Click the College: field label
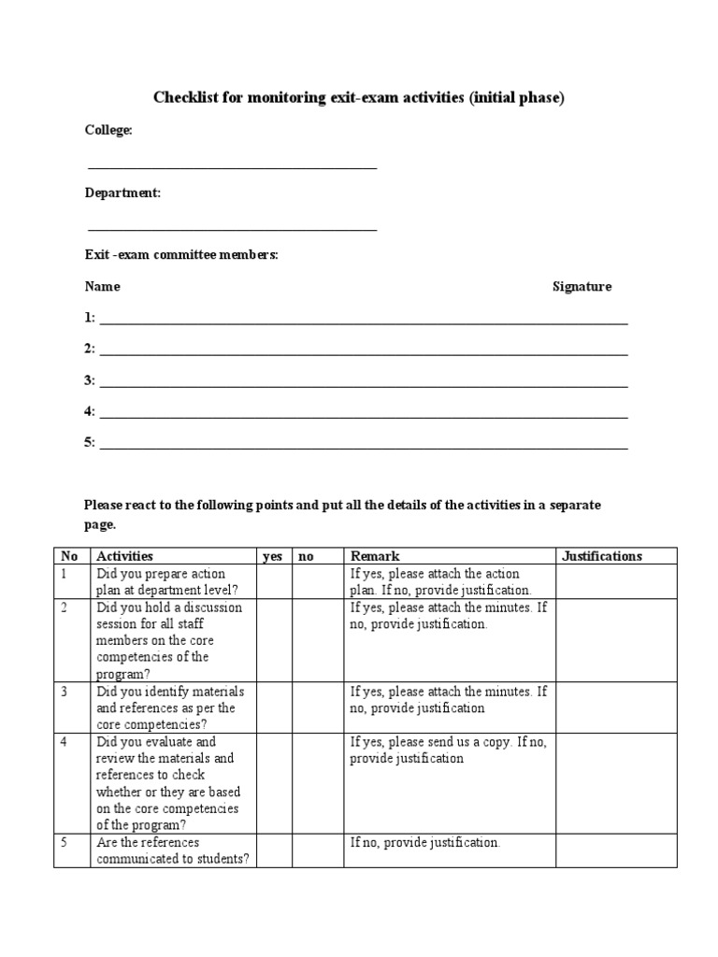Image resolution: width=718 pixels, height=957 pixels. [x=108, y=131]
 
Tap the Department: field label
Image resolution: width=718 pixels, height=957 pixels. [x=122, y=193]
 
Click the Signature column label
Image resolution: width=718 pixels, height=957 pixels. [x=582, y=287]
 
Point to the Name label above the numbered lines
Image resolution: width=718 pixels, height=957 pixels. [x=102, y=287]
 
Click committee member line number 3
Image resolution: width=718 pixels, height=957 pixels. [x=363, y=381]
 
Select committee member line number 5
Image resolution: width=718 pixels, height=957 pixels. [x=363, y=444]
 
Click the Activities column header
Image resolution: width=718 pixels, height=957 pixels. [x=124, y=556]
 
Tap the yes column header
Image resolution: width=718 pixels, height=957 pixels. [x=272, y=556]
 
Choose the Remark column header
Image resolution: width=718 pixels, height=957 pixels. [x=375, y=556]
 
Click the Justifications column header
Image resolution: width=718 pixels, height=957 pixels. [x=602, y=556]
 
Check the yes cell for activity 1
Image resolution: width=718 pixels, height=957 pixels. [x=274, y=581]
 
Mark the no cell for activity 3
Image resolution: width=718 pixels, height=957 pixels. [x=318, y=707]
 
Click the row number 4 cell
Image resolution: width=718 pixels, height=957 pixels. [x=72, y=783]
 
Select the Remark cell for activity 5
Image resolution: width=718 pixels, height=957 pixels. [x=450, y=850]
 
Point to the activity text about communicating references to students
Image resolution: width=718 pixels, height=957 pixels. [x=172, y=850]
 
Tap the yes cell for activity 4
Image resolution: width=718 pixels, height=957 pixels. [x=274, y=783]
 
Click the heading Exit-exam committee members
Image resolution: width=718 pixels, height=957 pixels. [x=181, y=255]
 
